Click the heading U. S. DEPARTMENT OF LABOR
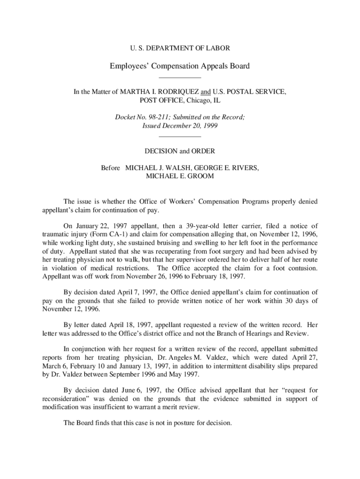point(180,48)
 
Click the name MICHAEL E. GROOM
point(180,176)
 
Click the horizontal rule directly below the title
point(180,78)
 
